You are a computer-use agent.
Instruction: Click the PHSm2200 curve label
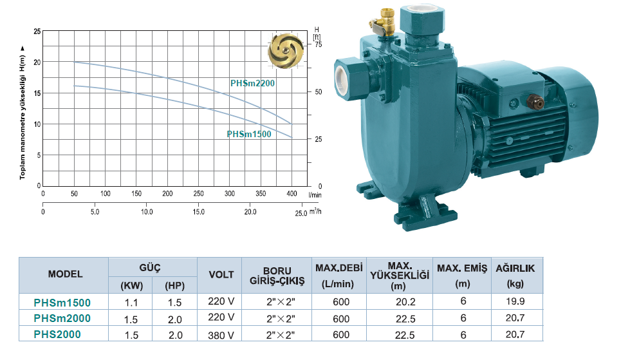(x=252, y=83)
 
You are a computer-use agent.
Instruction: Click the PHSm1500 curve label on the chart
(x=249, y=134)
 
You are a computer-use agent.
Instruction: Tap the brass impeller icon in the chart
(x=286, y=51)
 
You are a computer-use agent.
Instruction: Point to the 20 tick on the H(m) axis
(x=37, y=62)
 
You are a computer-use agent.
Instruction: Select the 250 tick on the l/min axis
(x=198, y=193)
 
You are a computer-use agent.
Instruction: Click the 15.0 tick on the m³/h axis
(x=198, y=212)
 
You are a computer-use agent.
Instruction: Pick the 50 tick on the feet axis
(x=318, y=91)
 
